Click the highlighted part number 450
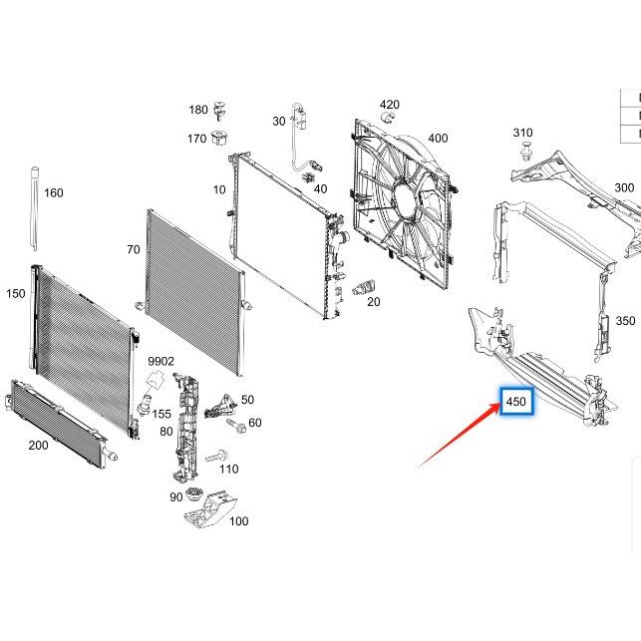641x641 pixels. [x=516, y=402]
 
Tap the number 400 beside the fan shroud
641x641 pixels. [x=438, y=139]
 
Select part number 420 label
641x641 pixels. [x=389, y=105]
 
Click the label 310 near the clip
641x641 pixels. [x=522, y=133]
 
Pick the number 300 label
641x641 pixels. [x=624, y=187]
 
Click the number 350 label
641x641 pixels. [x=625, y=321]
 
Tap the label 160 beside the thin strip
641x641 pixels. [x=53, y=192]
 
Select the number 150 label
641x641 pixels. [x=16, y=293]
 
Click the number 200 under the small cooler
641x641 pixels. [x=38, y=445]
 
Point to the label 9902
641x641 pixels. [x=161, y=361]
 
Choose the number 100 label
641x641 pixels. [x=238, y=520]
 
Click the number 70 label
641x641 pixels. [x=134, y=249]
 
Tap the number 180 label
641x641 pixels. [x=198, y=110]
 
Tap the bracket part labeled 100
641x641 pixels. [x=207, y=510]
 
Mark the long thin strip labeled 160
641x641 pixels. [x=34, y=210]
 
